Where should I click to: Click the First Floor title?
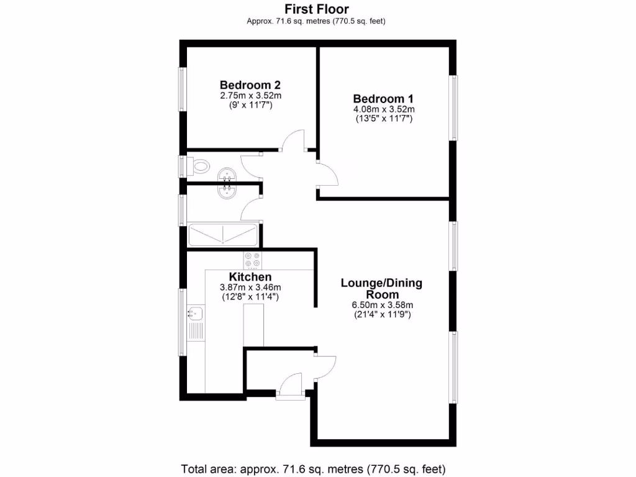(317, 9)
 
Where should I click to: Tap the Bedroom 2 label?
(250, 85)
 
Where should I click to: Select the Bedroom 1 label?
(384, 99)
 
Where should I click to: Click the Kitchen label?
(250, 276)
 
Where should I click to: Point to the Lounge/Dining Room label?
(381, 289)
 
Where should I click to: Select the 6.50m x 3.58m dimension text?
(381, 305)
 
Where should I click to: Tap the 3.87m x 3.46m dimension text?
(250, 288)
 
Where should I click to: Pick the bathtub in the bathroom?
(223, 235)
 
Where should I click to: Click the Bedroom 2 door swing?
(293, 140)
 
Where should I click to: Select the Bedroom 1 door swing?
(327, 173)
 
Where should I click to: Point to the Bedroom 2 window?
(183, 91)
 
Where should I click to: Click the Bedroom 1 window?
(455, 108)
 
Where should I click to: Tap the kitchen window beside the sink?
(183, 322)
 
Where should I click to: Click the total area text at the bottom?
(313, 468)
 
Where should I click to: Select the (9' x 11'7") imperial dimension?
(250, 106)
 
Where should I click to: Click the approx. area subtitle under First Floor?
(317, 21)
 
